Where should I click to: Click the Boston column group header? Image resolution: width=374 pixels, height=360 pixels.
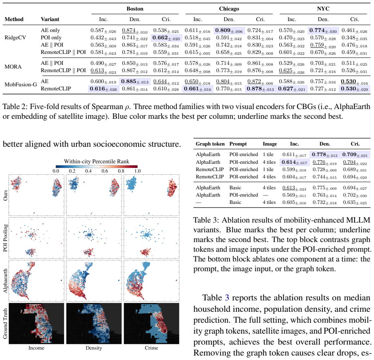pos(135,9)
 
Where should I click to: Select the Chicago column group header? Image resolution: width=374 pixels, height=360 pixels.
pos(229,9)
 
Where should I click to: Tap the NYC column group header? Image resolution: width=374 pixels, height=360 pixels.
pos(323,9)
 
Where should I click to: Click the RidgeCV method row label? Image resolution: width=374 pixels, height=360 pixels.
pos(15,37)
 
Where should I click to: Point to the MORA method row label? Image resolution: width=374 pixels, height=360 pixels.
pos(13,66)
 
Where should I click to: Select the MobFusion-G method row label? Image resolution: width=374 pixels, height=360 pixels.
pos(21,84)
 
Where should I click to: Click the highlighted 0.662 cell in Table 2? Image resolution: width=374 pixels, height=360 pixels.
pos(166,38)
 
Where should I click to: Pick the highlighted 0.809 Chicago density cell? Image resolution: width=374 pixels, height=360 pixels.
pos(229,30)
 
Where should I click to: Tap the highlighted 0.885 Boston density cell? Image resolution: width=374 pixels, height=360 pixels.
pos(135,81)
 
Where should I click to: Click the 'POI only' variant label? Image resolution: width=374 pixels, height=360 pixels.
pos(51,38)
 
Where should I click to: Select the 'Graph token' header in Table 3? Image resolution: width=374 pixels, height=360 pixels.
pos(210,144)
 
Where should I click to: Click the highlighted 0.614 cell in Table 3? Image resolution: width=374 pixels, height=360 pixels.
pos(294,163)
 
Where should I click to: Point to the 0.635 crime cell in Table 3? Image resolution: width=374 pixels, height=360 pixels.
pos(355,203)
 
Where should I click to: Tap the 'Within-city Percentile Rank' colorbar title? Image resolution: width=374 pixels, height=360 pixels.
pos(96,161)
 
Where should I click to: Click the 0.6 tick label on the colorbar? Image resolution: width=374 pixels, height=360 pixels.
pos(105,171)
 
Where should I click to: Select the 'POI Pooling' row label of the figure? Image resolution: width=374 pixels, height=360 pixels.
pos(5,238)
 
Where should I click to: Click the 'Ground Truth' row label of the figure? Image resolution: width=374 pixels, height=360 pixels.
pos(5,324)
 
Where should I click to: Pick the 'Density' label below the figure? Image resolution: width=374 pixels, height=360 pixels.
pos(94,348)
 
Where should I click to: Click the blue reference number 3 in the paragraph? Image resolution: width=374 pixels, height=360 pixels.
pos(227,298)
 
